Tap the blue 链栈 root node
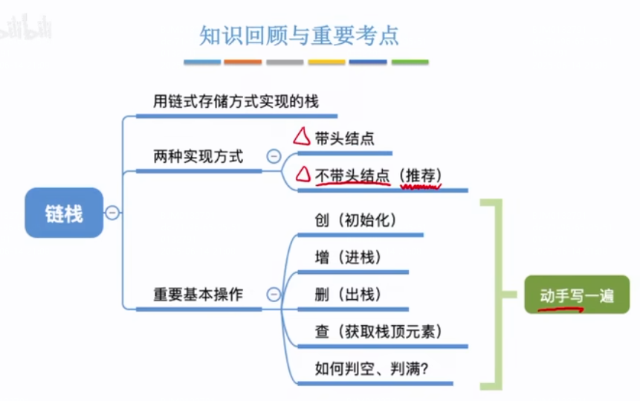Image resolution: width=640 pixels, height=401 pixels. (x=64, y=214)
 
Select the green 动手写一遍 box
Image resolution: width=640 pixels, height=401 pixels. (x=577, y=295)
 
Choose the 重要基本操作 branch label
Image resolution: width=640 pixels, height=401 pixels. (x=198, y=294)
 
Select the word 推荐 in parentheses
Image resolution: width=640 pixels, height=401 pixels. (x=420, y=176)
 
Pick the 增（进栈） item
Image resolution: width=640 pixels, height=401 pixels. (x=347, y=257)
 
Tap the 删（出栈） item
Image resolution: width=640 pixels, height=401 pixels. (x=347, y=294)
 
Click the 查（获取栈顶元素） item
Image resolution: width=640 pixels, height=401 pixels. (x=378, y=331)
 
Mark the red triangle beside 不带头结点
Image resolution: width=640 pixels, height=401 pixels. (x=303, y=175)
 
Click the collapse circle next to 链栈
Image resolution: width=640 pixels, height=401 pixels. (x=112, y=214)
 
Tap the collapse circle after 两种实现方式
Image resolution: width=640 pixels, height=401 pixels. (x=274, y=156)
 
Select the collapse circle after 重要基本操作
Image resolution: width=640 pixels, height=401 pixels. (x=274, y=295)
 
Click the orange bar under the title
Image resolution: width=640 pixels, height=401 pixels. (x=242, y=62)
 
